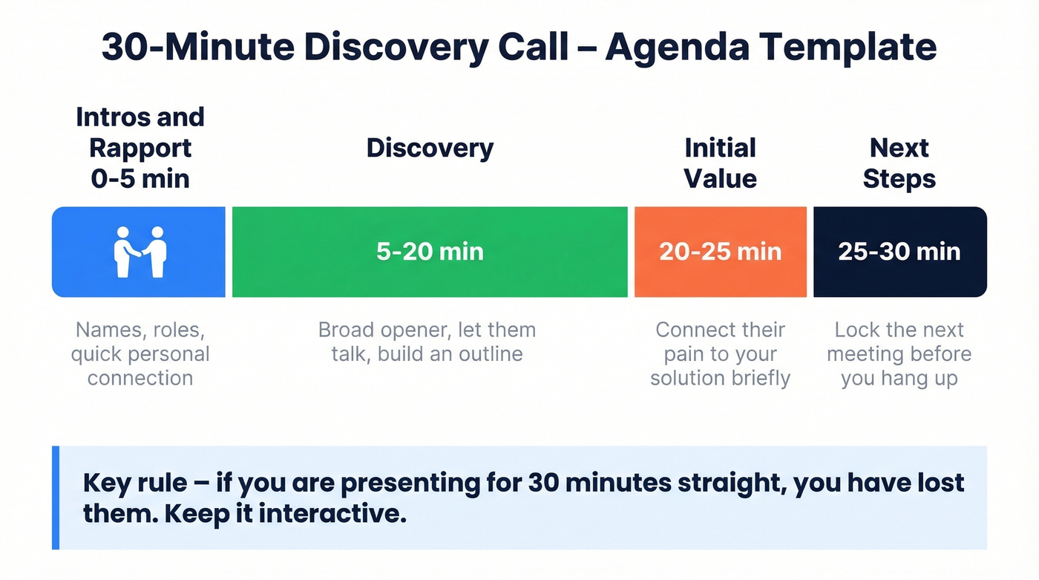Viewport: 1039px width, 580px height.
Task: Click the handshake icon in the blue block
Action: pos(140,252)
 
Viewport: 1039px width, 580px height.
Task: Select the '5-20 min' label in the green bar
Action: pos(430,252)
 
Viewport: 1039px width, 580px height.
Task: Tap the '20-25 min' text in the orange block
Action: pos(720,252)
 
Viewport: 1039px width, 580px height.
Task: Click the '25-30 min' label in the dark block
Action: pos(899,252)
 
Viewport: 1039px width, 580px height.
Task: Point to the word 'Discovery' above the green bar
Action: pos(430,148)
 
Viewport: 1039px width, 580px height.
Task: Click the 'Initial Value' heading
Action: pos(720,163)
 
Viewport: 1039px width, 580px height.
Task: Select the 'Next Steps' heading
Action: pos(899,163)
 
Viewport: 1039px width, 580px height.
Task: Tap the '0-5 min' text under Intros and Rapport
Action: pos(140,179)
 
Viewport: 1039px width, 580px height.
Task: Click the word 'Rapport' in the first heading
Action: pos(140,148)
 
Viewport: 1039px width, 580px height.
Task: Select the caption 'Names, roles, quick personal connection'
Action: pos(140,354)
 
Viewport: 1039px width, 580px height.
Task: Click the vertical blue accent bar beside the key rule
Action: pos(56,498)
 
